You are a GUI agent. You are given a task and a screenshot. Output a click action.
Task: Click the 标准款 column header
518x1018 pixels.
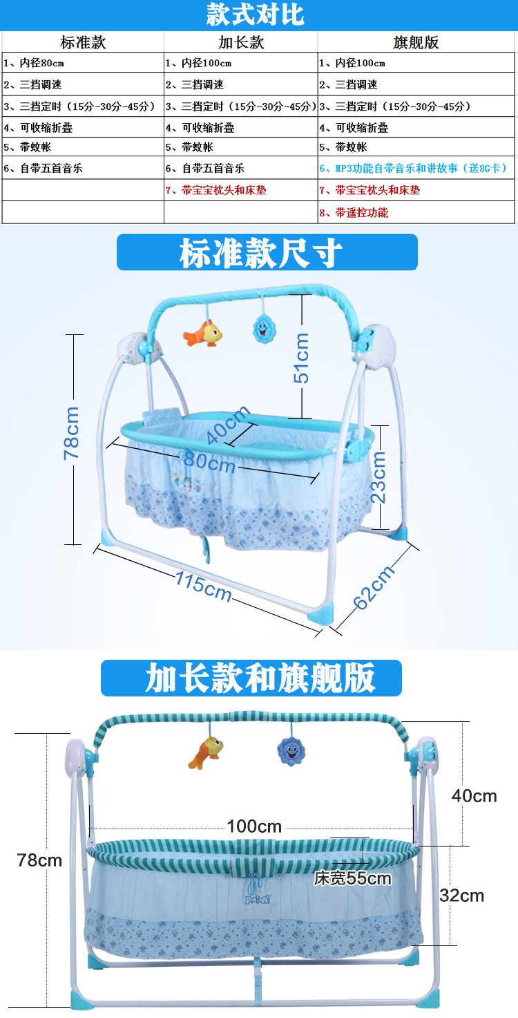(x=83, y=42)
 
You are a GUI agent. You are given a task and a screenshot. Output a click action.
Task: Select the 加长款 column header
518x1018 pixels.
(x=241, y=42)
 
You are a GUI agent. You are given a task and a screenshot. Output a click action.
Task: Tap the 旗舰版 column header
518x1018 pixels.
(x=416, y=42)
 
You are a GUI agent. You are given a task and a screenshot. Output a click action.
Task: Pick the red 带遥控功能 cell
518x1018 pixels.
(x=354, y=212)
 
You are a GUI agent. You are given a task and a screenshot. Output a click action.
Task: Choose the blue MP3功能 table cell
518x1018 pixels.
(x=413, y=168)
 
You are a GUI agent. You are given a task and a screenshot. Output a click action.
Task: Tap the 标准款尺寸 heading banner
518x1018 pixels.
(x=267, y=252)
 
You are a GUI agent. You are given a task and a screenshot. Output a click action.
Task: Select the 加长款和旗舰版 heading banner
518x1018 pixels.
(x=251, y=678)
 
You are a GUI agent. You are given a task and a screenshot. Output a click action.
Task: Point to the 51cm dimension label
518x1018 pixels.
(x=302, y=357)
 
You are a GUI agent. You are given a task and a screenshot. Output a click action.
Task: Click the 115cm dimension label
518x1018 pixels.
(x=202, y=586)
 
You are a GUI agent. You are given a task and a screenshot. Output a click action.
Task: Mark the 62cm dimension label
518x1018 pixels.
(x=374, y=587)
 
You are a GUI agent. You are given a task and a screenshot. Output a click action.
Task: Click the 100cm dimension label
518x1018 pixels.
(x=254, y=826)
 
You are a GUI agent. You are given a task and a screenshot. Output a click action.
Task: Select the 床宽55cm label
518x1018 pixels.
(x=353, y=879)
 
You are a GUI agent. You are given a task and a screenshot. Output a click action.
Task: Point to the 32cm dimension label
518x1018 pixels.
(x=462, y=896)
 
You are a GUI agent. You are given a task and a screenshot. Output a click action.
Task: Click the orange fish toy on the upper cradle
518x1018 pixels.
(x=203, y=334)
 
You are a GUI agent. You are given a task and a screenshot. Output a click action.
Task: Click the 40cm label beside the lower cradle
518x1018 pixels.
(x=474, y=796)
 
